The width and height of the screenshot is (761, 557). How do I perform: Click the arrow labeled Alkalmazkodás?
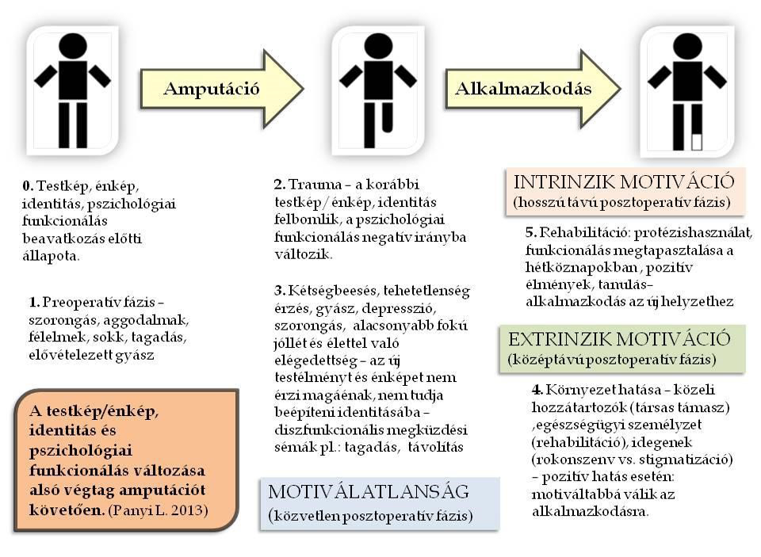click(x=523, y=88)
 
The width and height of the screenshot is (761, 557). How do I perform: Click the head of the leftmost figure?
click(x=72, y=45)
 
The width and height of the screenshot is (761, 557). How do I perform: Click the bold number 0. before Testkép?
click(x=28, y=186)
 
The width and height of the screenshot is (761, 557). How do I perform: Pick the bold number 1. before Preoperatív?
click(x=34, y=303)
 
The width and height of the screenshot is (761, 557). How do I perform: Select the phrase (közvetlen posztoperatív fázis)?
click(x=372, y=516)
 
